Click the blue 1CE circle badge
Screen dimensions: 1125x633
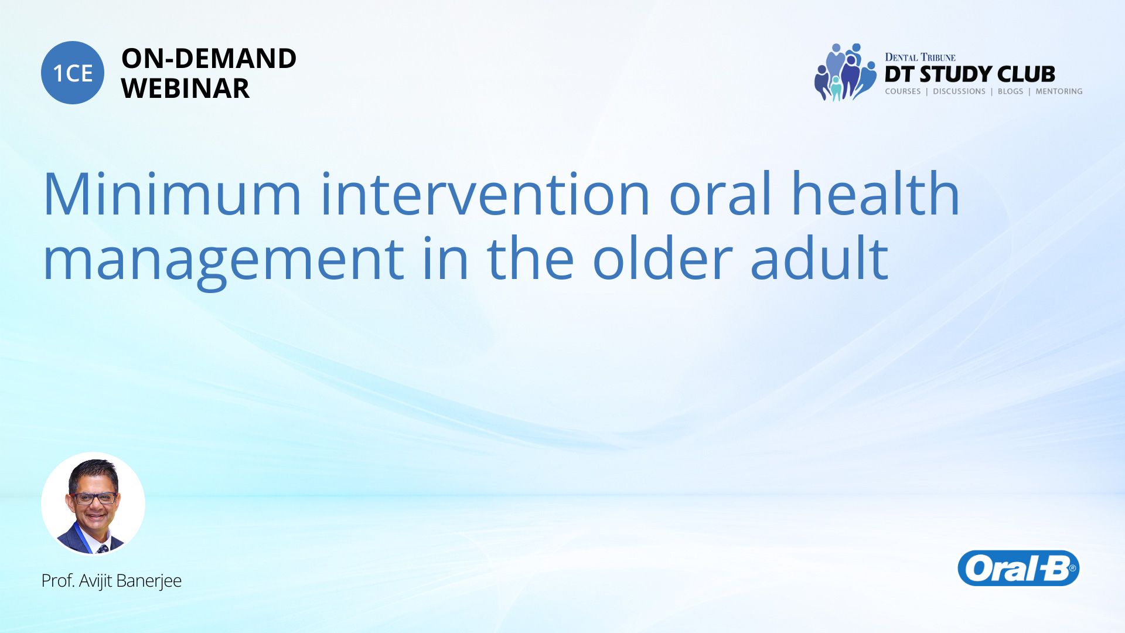point(73,73)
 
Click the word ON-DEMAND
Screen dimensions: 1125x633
point(209,59)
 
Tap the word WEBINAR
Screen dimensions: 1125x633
point(185,89)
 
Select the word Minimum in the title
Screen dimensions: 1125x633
point(172,194)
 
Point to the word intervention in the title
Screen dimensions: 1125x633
point(485,194)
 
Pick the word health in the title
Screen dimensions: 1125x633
point(876,193)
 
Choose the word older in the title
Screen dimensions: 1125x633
point(663,257)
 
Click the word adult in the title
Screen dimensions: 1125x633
point(820,257)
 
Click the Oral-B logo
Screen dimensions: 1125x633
point(1018,568)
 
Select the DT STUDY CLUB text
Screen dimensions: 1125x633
point(970,74)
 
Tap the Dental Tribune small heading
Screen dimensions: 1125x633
point(920,57)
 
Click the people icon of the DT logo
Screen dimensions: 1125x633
point(844,72)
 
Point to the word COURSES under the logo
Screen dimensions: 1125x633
point(902,91)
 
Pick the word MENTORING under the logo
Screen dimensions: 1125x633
point(1059,91)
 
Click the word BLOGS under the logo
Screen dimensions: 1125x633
point(1010,91)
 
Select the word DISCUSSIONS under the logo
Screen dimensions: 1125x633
point(959,91)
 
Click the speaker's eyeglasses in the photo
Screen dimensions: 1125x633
point(94,498)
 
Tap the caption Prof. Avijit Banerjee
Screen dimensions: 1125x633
point(111,581)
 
